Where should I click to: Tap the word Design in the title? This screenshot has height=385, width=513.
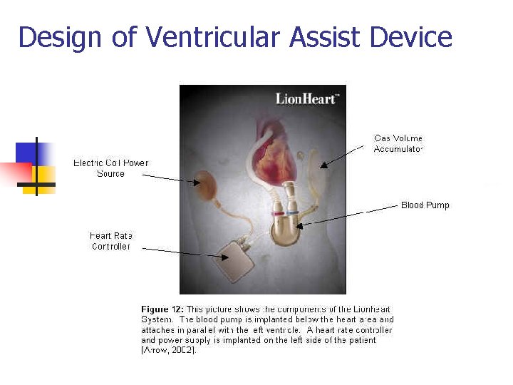(60, 37)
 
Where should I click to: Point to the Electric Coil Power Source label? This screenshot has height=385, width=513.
(110, 168)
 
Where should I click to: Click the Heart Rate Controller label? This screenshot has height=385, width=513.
(111, 241)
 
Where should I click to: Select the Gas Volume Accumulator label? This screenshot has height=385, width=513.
(398, 143)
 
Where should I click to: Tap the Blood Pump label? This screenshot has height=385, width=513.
(425, 205)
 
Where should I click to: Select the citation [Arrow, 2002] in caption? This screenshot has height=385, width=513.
(167, 350)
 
